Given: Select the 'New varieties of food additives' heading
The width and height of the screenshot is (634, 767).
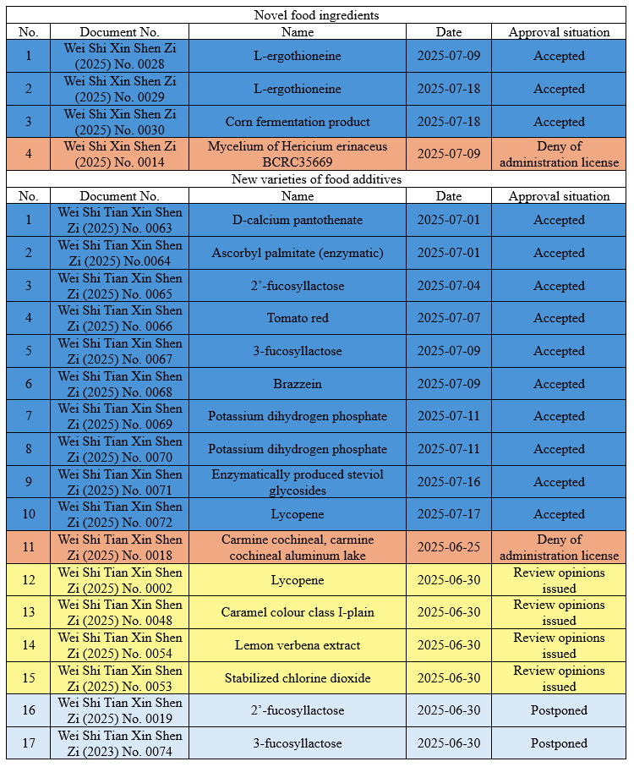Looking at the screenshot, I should (316, 179).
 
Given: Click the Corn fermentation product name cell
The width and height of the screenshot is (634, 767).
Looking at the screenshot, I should (298, 122).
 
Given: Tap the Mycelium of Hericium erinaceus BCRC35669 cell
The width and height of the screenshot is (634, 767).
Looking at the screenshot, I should (298, 154).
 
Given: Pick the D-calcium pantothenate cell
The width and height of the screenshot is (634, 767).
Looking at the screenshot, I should (298, 220).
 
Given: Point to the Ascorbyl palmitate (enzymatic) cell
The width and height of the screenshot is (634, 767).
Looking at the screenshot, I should (298, 253).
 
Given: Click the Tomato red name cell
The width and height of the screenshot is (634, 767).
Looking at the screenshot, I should (298, 318).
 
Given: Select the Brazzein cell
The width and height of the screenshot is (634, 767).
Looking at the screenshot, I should (298, 384).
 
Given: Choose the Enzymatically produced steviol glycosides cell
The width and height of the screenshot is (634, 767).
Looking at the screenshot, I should (298, 482).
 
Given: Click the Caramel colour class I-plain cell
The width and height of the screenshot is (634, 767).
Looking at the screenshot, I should (298, 612).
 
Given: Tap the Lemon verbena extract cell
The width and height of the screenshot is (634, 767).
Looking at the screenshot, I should (298, 645).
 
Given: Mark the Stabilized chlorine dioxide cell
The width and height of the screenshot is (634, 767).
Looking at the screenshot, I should (298, 678).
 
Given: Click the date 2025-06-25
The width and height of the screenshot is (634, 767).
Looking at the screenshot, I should (449, 547).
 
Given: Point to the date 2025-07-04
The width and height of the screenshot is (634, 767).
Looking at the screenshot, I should (449, 286).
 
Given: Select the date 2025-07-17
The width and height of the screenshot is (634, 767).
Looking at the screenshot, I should (449, 514).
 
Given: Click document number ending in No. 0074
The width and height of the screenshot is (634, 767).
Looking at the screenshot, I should (120, 743).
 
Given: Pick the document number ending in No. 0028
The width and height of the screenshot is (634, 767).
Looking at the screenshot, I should (120, 56).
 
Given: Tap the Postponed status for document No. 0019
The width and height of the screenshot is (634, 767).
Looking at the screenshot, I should (559, 710).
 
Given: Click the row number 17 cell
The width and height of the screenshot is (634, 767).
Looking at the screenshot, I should (29, 743).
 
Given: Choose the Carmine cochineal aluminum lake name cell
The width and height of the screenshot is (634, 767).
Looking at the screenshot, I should (298, 547).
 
